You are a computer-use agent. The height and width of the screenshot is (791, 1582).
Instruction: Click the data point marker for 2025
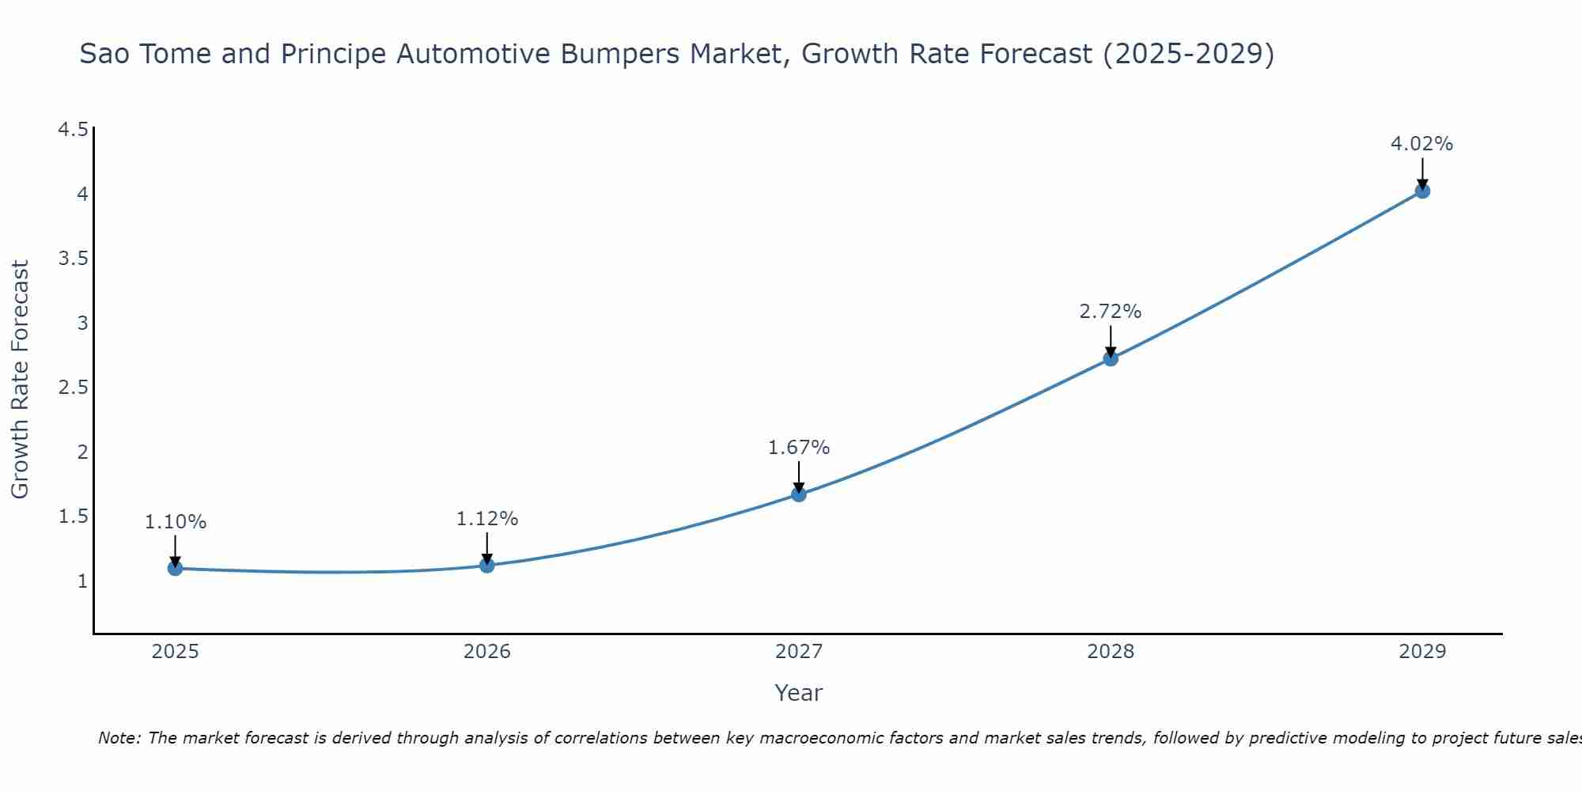point(176,568)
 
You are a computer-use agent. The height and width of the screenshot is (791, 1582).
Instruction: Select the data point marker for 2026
point(487,565)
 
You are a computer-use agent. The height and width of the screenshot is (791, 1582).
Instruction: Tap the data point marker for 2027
point(799,494)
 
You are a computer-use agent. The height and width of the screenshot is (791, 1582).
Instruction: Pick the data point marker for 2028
point(1111,358)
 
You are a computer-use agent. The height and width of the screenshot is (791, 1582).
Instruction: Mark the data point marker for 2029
point(1422,191)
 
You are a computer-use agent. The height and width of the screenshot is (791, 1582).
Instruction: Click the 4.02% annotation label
point(1421,144)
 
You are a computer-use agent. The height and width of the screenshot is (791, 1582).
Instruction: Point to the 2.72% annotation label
point(1110,312)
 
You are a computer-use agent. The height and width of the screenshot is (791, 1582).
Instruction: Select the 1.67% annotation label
point(798,448)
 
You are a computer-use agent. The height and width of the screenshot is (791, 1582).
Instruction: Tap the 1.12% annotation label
point(486,519)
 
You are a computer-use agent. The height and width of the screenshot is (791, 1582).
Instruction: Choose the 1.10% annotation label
point(175,522)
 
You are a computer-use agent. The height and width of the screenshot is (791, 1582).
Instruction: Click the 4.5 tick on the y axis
point(73,130)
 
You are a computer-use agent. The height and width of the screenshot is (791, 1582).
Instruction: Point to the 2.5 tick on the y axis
point(73,388)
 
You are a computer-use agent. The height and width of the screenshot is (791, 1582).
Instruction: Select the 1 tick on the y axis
point(81,581)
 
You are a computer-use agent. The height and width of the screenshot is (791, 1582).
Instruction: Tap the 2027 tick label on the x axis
point(799,652)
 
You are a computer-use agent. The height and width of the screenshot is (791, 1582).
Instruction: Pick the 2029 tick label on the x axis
point(1422,652)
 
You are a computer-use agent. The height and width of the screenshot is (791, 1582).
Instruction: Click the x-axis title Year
point(798,693)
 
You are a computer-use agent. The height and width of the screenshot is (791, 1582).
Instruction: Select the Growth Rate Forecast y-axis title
point(20,380)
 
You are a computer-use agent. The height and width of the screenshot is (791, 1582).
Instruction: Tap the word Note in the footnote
point(119,738)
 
